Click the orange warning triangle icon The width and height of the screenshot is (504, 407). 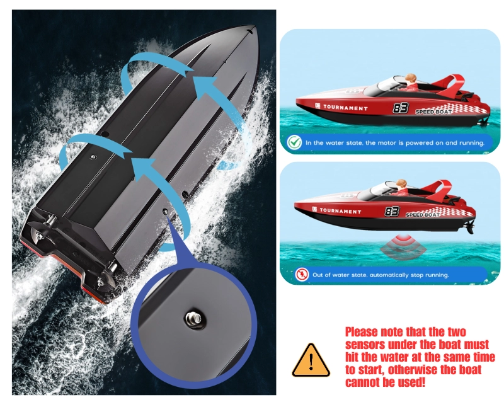click(311, 361)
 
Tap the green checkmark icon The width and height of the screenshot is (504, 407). click(294, 142)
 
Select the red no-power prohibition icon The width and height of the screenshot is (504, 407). click(302, 275)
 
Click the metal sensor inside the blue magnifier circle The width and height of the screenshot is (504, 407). click(193, 319)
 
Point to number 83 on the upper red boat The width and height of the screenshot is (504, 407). click(401, 108)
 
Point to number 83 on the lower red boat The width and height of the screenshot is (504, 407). click(392, 212)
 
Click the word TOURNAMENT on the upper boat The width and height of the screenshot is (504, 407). click(345, 108)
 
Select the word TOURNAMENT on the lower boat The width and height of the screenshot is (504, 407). click(340, 211)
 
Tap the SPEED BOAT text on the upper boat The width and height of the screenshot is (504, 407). click(433, 112)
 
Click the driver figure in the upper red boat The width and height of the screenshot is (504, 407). click(411, 82)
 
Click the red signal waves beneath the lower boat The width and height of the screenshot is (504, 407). click(404, 246)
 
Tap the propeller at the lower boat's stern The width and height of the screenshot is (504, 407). click(471, 228)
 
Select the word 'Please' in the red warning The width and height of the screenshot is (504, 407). click(362, 332)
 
